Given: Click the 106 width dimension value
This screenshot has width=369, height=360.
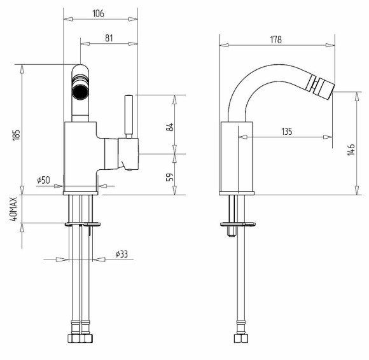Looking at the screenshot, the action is tap(98, 13).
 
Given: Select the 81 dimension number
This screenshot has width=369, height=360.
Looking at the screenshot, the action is tap(109, 38).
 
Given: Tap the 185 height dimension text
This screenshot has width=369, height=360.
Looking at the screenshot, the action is tap(17, 135).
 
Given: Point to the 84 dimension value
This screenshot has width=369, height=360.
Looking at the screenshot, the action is tap(171, 127).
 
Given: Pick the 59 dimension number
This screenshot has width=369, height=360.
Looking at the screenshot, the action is tap(170, 177).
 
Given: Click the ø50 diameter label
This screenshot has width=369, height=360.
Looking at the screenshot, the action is tap(43, 180).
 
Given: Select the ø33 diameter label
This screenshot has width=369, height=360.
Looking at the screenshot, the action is tap(122, 254).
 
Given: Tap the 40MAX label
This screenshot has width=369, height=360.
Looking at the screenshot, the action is tap(13, 209).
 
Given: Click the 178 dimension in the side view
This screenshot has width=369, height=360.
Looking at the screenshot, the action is tap(276, 39).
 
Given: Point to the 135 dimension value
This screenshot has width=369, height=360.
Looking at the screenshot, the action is tap(287, 131).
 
